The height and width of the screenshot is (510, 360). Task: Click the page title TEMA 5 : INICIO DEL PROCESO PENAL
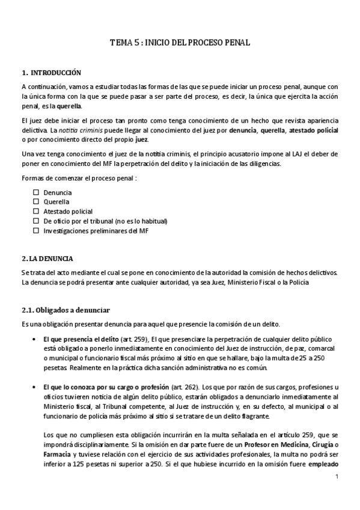point(180,43)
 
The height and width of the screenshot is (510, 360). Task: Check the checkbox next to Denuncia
point(36,192)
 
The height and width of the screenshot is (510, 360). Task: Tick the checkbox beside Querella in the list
point(36,202)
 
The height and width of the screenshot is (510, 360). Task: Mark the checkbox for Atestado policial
point(36,212)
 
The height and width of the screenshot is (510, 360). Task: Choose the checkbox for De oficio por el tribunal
point(36,221)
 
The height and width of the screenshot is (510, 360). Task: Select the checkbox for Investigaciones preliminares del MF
point(36,230)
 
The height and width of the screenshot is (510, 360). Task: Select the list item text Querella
point(56,202)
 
